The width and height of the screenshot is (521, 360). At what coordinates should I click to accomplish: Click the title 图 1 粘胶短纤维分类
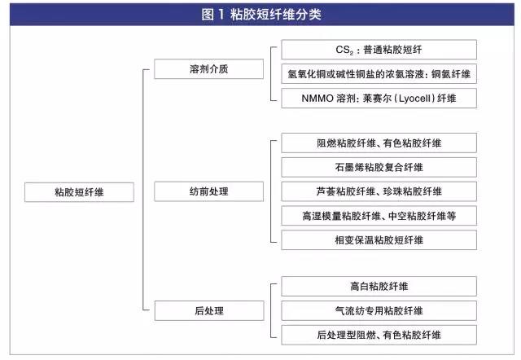tap(261, 15)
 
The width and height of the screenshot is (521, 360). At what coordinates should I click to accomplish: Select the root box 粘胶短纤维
tap(80, 192)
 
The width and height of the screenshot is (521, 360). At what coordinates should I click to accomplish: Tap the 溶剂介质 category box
tap(208, 68)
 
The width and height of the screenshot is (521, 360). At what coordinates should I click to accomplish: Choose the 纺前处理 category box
tap(208, 191)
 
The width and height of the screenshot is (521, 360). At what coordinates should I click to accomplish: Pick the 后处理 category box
tap(209, 311)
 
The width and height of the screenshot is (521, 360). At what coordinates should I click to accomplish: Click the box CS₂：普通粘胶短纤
tap(379, 50)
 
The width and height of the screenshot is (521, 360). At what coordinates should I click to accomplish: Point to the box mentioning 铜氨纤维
tap(379, 74)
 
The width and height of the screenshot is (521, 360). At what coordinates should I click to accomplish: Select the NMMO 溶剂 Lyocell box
tap(379, 99)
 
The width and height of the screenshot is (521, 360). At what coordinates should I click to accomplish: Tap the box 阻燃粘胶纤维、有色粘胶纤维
tap(379, 143)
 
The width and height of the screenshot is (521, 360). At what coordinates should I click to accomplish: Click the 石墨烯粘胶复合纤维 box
tap(379, 167)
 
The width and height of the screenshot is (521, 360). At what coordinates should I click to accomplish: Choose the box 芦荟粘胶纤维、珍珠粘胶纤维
tap(379, 191)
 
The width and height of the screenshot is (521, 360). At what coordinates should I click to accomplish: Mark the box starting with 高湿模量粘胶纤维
tap(379, 216)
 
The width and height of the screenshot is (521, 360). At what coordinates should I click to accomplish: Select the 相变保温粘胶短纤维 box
tap(379, 240)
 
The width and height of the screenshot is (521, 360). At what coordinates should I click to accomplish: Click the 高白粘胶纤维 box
tap(379, 286)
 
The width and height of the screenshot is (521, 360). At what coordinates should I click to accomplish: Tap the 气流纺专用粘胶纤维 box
tap(379, 311)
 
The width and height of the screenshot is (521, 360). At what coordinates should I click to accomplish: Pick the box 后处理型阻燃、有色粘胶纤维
tap(379, 335)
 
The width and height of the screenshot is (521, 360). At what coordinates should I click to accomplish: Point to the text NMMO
tap(317, 99)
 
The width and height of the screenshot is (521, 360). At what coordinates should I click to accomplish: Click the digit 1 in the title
tap(221, 15)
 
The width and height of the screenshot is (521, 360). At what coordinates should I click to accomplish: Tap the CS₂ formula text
tap(344, 50)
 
